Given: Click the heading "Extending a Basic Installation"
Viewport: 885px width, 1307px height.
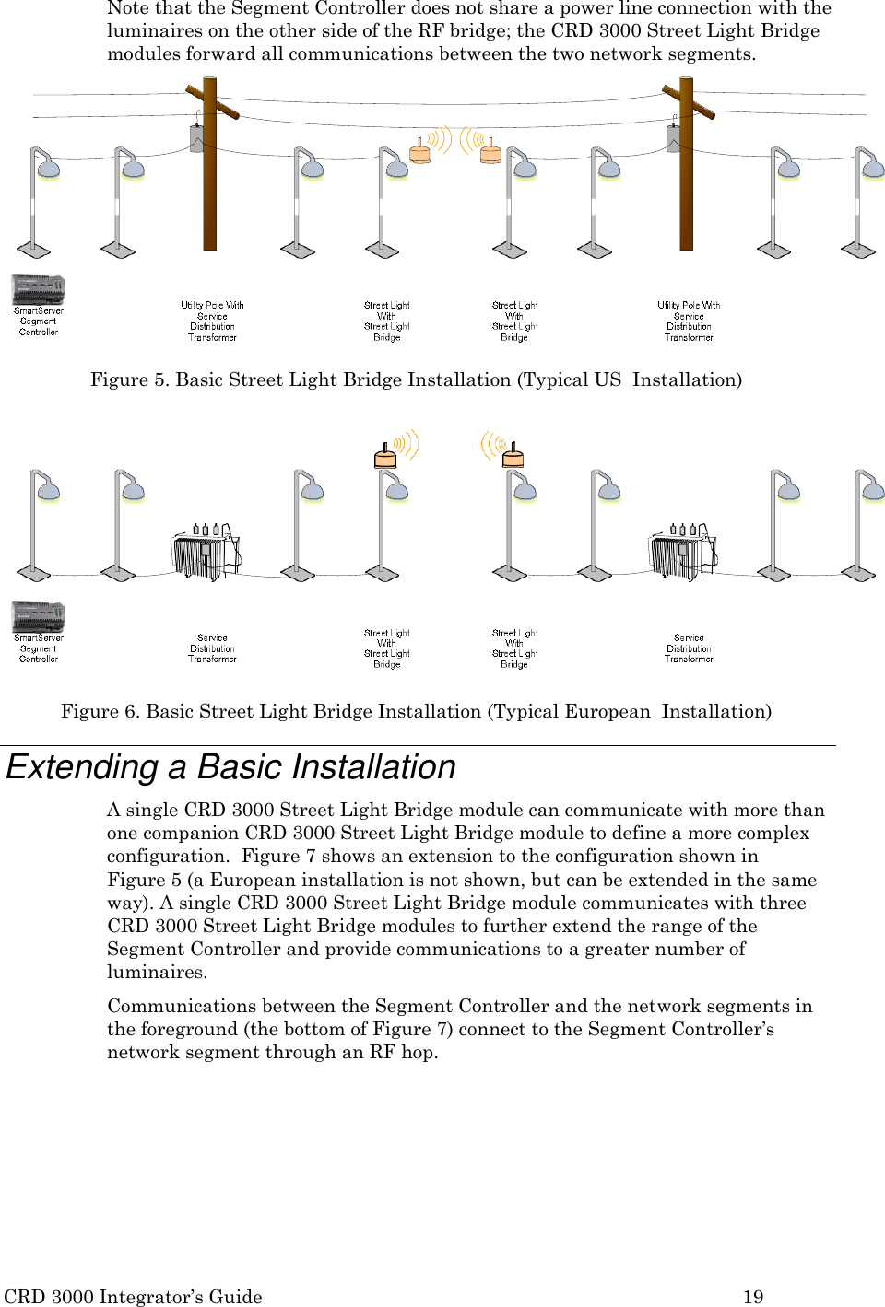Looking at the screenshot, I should click(x=230, y=767).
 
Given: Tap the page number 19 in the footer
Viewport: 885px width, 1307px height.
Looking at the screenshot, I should click(x=753, y=1296).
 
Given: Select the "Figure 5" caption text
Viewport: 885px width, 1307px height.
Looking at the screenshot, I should click(x=416, y=379).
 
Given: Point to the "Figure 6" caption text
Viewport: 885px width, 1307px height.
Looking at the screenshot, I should click(x=416, y=711).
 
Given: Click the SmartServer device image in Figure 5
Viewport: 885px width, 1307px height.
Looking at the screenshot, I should click(x=38, y=289).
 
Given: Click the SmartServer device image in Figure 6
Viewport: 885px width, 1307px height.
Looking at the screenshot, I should click(x=38, y=616).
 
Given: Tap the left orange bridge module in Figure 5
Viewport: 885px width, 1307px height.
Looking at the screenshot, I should click(x=420, y=151).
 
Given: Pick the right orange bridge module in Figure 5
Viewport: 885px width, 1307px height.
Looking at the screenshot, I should click(x=490, y=151).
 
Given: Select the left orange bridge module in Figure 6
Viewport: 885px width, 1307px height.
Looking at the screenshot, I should click(x=385, y=455).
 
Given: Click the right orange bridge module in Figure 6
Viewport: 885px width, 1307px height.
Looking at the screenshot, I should click(x=513, y=455).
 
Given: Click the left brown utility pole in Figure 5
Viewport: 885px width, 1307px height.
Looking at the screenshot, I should click(x=210, y=184).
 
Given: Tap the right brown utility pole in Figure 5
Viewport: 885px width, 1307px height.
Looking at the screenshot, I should click(x=686, y=184).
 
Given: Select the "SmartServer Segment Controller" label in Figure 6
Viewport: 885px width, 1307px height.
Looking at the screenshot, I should click(x=39, y=648).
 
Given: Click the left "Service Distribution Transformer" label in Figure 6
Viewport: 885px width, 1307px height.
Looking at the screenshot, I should click(x=212, y=648).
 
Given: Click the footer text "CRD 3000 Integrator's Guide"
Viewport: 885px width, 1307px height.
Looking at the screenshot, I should click(x=133, y=1296).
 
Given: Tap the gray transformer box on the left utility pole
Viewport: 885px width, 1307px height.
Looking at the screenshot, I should click(x=196, y=139).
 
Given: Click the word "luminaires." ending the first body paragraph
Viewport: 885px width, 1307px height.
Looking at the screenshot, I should click(x=157, y=972).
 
